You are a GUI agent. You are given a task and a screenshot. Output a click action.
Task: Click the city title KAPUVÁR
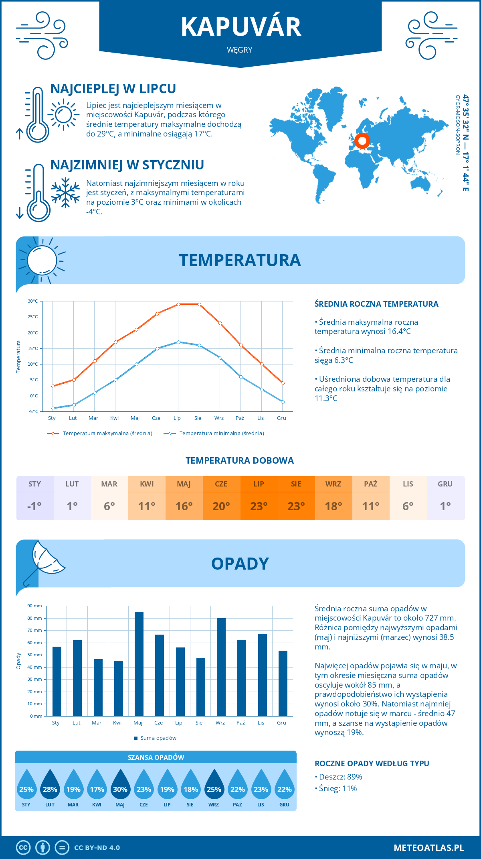click(240, 27)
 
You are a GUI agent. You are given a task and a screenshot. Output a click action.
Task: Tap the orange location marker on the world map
click(362, 141)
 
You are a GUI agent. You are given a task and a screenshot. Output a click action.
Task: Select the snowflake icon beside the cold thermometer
click(65, 193)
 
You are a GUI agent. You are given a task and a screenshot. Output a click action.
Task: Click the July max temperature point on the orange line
click(178, 304)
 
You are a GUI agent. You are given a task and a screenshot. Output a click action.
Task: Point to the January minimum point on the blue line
click(53, 408)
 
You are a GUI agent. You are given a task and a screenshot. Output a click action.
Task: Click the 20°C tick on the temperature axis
click(33, 333)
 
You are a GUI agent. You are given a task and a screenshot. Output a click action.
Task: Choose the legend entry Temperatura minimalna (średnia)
click(221, 434)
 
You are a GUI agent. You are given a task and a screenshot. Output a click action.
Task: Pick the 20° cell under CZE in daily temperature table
click(221, 506)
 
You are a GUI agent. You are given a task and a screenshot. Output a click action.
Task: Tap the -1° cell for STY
click(34, 506)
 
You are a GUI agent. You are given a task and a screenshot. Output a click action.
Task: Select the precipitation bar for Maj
click(139, 664)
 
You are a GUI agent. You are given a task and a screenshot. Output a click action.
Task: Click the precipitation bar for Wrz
click(221, 667)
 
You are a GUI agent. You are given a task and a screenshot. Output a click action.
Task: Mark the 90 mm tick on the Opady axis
click(35, 606)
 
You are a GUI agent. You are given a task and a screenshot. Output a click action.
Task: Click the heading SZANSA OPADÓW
click(156, 757)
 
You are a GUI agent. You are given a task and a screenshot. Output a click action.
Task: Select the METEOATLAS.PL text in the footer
click(428, 848)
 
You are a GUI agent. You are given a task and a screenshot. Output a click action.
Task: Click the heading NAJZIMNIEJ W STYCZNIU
click(127, 165)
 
